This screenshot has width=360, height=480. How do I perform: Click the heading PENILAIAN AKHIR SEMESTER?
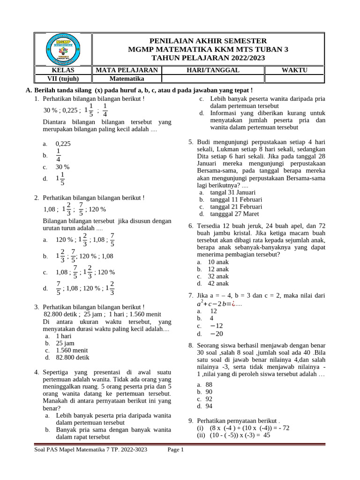pos(208,41)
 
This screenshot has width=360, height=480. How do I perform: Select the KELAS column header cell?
pos(64,70)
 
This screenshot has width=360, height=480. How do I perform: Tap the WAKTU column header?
pos(294,70)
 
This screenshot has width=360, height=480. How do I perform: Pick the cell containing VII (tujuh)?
pos(64,79)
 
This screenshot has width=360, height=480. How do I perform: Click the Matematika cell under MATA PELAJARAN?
pos(126,79)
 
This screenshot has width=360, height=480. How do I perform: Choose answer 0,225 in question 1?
pos(63,144)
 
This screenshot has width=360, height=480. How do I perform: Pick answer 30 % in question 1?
pos(62,167)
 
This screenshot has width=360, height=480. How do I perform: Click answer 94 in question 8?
pos(209,406)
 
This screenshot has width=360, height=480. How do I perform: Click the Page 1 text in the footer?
pos(176,450)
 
